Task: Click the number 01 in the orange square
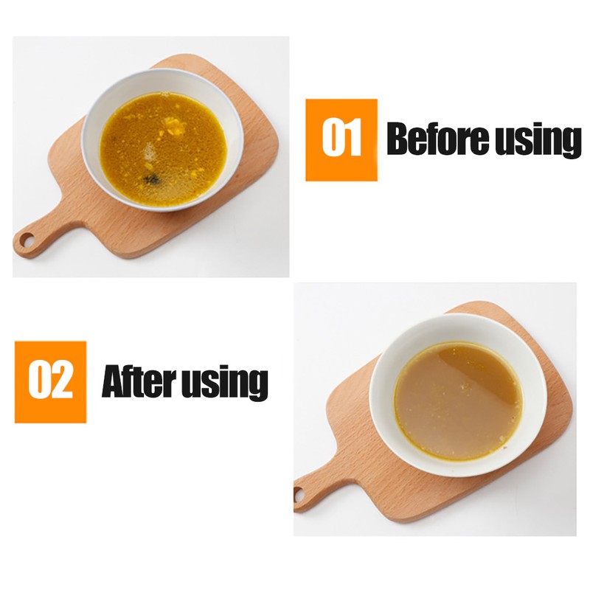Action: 341,136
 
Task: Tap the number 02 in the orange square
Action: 50,379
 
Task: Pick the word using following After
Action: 225,383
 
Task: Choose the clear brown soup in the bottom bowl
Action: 458,400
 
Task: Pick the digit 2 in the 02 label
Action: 61,379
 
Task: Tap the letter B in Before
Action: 399,138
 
